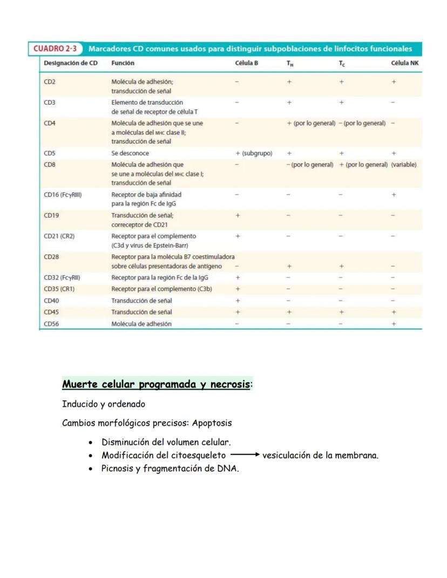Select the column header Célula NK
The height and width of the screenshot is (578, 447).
pos(405,63)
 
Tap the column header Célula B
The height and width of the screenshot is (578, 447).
pos(247,63)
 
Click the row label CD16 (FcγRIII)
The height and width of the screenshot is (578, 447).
pos(63,194)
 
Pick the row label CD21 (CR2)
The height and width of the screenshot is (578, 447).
pos(59,236)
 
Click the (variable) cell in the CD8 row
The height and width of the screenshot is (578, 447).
pos(404,164)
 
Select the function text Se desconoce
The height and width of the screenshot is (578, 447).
pos(130,153)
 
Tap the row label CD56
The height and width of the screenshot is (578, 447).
pos(51,324)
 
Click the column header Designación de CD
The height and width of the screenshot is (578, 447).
pos(71,63)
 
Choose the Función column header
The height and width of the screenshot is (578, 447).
pos(123,63)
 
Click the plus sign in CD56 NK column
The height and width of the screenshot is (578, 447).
pos(394,324)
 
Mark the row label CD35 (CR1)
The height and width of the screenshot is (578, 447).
pos(59,289)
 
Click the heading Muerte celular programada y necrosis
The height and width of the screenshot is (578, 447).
pos(156,385)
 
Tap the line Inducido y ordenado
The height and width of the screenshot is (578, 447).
pos(104,404)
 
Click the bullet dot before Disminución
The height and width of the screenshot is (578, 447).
pos(91,443)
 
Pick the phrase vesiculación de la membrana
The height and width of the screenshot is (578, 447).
pos(320,455)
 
